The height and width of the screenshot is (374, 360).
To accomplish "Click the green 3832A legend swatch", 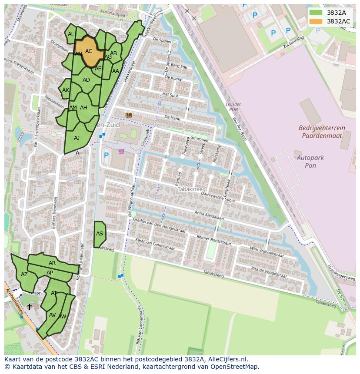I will click(316, 13).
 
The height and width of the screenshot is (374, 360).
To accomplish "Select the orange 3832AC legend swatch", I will click(316, 21).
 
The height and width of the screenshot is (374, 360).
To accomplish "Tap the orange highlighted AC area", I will click(89, 51).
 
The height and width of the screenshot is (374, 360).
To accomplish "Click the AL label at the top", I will click(71, 34).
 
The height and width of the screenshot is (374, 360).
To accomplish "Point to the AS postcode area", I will click(100, 234).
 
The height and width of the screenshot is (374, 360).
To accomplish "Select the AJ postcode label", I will click(77, 138).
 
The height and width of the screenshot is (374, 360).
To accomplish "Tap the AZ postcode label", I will click(24, 275).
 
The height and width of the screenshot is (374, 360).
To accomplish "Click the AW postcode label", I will click(62, 317).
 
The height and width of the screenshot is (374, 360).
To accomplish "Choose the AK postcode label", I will click(66, 90).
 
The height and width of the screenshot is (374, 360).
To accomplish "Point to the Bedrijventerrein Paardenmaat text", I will click(322, 132).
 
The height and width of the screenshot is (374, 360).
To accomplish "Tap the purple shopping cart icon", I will click(121, 151).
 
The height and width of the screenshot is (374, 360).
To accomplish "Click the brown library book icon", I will click(128, 115).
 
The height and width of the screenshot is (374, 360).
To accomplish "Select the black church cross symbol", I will click(30, 307).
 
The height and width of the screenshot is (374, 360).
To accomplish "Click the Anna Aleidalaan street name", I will click(209, 216).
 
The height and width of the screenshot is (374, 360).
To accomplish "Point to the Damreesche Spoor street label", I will click(218, 198).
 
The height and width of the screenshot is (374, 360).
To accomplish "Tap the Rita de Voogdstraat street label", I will click(269, 272).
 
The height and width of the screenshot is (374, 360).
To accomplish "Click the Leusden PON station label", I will click(233, 107).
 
